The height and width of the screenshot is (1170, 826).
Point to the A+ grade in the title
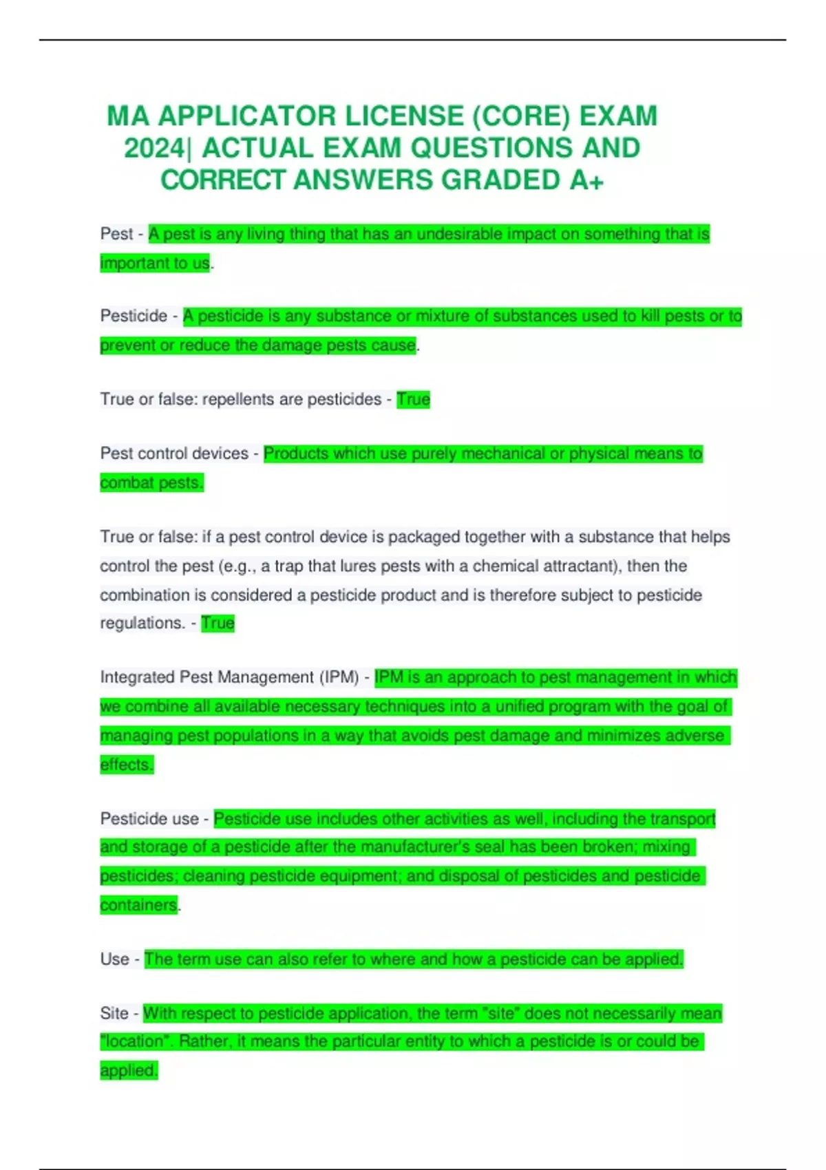tap(586, 180)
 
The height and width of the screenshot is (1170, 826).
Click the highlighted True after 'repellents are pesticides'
tap(413, 399)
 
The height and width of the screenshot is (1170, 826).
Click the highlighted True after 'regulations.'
tap(218, 623)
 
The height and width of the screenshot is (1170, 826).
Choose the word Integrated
tap(137, 677)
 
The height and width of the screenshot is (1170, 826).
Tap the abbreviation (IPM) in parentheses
tap(339, 677)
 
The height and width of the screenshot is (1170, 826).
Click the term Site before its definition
tap(114, 1013)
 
